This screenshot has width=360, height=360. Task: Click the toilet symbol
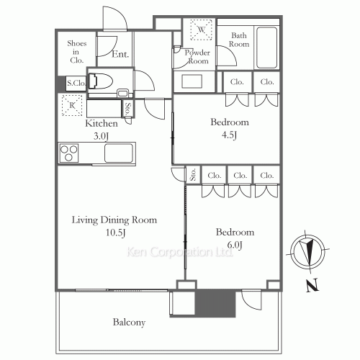(x=101, y=81)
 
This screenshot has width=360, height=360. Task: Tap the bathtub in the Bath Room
(x=266, y=48)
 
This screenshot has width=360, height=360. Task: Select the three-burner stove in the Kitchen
(x=69, y=153)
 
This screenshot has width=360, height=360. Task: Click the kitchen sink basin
(x=119, y=153)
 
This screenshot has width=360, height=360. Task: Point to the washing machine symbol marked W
(x=201, y=30)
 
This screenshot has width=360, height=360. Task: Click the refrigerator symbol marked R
(x=72, y=105)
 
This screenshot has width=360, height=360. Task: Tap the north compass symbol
(x=307, y=251)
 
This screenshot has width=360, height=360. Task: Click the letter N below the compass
(x=312, y=285)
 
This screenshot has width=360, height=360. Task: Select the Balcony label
(x=129, y=323)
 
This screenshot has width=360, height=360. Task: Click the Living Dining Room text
(x=114, y=220)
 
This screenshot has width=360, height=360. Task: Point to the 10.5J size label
(x=116, y=233)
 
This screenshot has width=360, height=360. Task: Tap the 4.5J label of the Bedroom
(x=229, y=135)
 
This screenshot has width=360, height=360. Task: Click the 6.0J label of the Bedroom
(x=235, y=245)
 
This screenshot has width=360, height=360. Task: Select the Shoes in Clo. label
(x=76, y=52)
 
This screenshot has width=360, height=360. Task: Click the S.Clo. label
(x=76, y=83)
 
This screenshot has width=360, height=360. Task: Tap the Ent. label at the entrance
(x=120, y=54)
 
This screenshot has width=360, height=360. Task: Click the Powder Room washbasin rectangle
(x=192, y=81)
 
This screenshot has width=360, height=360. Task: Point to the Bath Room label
(x=239, y=40)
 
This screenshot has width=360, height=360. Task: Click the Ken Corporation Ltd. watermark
(x=179, y=252)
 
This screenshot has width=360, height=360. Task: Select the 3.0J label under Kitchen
(x=101, y=136)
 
